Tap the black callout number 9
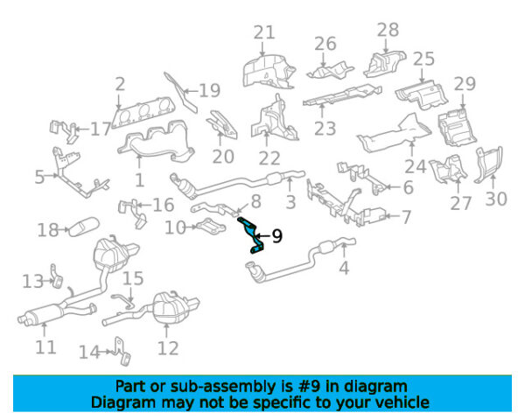point(277,236)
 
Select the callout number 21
point(264,32)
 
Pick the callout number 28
point(388,30)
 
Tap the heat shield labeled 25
point(422,94)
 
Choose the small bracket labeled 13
point(56,276)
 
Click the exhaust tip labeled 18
point(84,227)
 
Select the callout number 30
point(496,199)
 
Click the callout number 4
point(344,268)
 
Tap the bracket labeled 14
point(122,351)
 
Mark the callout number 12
point(168,348)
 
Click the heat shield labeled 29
point(458,127)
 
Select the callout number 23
point(325,129)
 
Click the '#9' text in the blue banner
point(309,387)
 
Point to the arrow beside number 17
point(82,129)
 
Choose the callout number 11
point(45,347)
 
